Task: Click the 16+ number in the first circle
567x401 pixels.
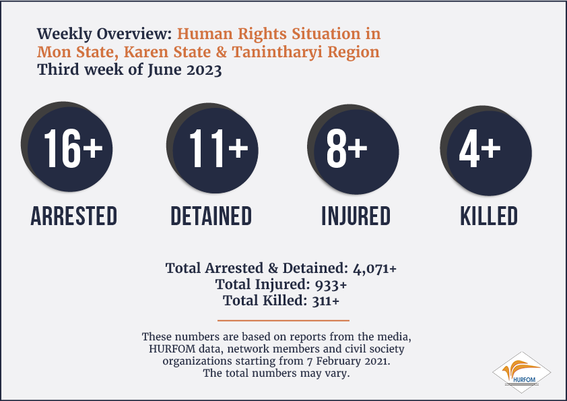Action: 73,149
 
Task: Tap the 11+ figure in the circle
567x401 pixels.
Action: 218,149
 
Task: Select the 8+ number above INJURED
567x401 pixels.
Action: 347,149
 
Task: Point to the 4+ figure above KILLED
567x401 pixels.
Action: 480,149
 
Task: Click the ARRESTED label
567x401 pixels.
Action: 74,216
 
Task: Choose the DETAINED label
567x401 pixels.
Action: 211,216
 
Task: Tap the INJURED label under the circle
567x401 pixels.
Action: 356,216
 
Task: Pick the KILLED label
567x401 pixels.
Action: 489,216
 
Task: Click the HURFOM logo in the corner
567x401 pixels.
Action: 521,373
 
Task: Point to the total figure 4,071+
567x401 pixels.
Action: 374,269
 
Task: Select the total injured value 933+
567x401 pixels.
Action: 331,285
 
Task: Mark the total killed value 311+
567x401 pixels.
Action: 326,301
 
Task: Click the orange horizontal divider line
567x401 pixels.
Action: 283,320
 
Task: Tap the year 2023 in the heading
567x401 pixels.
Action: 204,69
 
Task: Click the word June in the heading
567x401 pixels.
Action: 165,69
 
